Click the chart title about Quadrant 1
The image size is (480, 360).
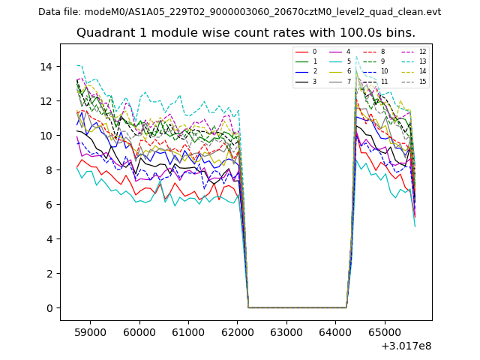(x=245, y=33)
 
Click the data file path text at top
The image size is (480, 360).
(x=239, y=12)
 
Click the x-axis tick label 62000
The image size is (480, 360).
(x=237, y=330)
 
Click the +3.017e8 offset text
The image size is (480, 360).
(x=406, y=346)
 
